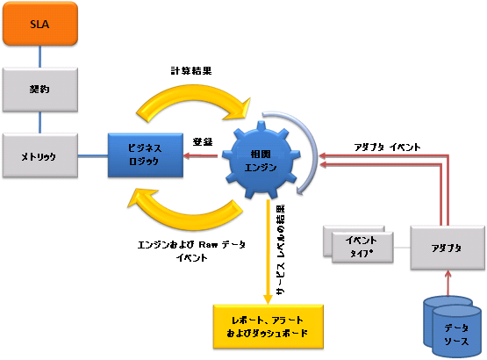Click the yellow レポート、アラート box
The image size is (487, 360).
click(269, 325)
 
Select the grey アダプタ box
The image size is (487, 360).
click(448, 248)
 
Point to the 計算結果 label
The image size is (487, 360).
click(190, 69)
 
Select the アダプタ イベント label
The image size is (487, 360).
click(386, 146)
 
